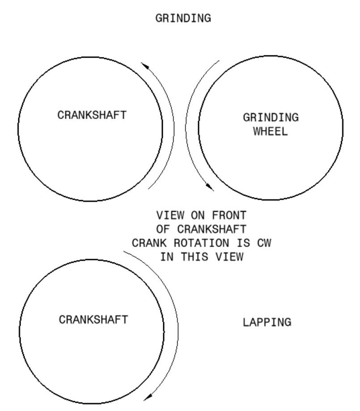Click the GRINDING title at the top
point(183,18)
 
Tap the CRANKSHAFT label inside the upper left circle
point(92,115)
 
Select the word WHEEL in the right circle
point(271,131)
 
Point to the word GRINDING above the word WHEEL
point(271,117)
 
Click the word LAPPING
point(267,322)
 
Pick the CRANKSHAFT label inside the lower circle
point(93,319)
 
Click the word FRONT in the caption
point(229,215)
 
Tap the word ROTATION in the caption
point(201,243)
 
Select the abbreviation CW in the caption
point(264,243)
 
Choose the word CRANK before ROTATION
point(149,243)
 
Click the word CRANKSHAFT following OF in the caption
point(212,229)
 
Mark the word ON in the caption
point(198,215)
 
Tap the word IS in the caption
point(243,243)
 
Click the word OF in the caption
point(163,229)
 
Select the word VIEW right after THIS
point(229,256)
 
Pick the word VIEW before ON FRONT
point(170,215)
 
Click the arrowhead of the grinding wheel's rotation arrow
point(210,187)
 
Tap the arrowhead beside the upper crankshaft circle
point(145,66)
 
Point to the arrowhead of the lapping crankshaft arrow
point(148,397)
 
